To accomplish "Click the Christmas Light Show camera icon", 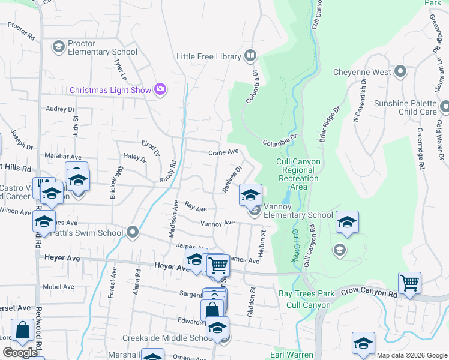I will tap(160, 89).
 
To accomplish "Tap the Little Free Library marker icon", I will tap(250, 56).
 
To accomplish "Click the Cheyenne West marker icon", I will tap(401, 72).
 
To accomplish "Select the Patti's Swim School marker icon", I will tap(133, 232).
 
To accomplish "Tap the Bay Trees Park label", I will tap(306, 294).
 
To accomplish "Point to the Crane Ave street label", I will tap(223, 152).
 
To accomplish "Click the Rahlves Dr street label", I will tap(231, 179).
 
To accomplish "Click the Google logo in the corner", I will tap(20, 353).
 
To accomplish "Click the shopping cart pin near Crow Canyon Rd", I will tap(409, 282).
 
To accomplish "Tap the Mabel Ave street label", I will tap(58, 287).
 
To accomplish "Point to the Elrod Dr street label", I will tap(150, 148).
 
